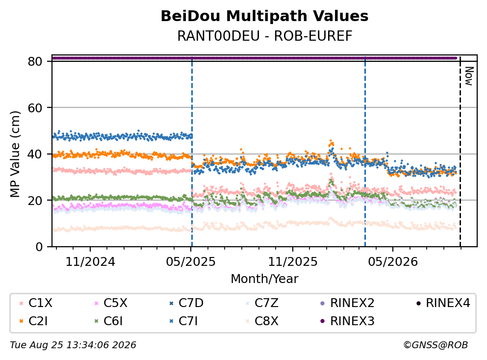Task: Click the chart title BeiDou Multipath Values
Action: (x=264, y=16)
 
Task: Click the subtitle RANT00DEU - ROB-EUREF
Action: (x=265, y=36)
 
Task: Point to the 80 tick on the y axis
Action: (x=35, y=61)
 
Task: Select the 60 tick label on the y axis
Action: (x=35, y=108)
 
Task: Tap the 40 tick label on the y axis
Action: (x=35, y=154)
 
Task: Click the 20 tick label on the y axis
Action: (x=35, y=200)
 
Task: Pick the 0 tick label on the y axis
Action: (x=39, y=247)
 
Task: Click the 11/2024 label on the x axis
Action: (x=90, y=262)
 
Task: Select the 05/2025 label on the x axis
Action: (x=191, y=262)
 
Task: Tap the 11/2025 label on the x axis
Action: (x=293, y=262)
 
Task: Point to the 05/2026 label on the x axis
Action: (x=393, y=262)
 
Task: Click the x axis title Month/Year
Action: (x=264, y=279)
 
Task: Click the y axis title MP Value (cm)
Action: (x=15, y=154)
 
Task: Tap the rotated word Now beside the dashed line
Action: (x=469, y=76)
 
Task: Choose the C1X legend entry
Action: (x=36, y=303)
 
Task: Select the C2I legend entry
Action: (x=33, y=321)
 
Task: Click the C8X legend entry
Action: (x=261, y=321)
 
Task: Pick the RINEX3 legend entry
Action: (x=347, y=321)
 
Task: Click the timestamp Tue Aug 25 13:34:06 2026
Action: (x=73, y=345)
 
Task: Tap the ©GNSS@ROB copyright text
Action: (x=436, y=345)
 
